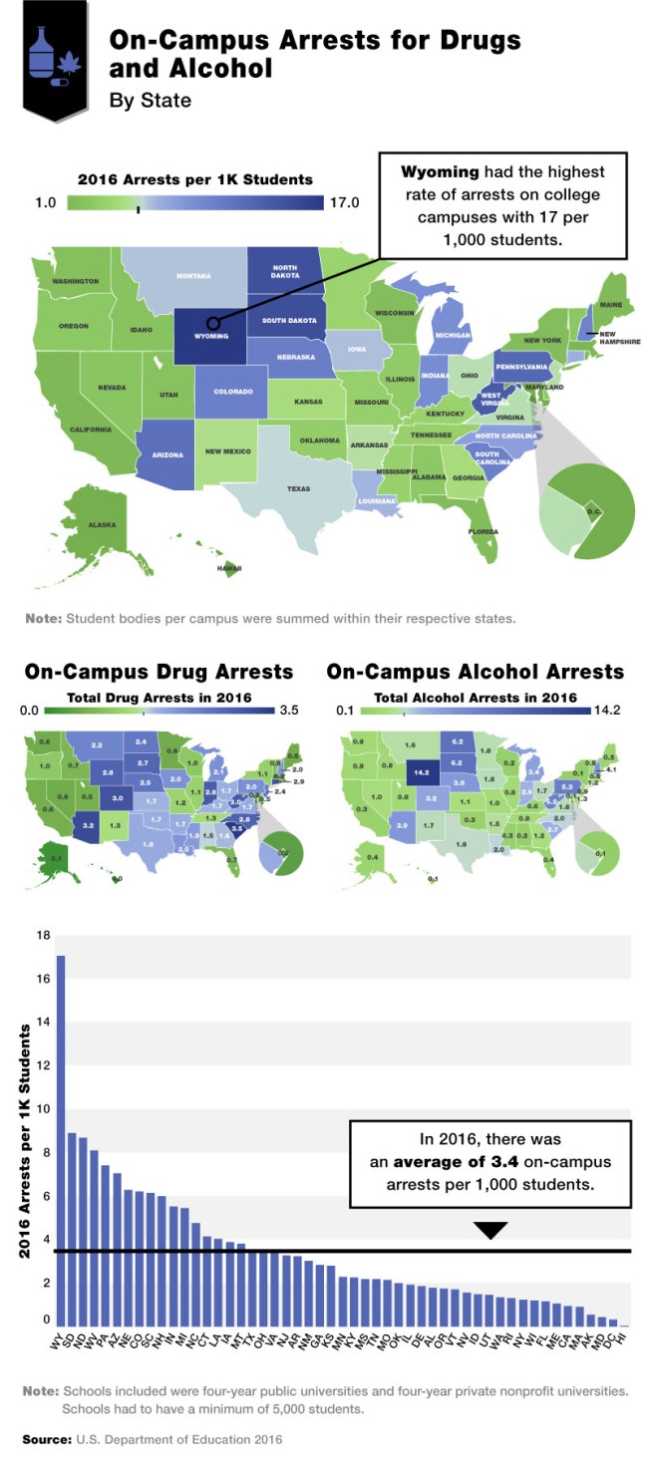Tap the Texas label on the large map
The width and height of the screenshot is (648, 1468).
coord(298,489)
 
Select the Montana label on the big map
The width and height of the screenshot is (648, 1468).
coord(193,276)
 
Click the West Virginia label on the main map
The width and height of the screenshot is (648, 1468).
coord(491,400)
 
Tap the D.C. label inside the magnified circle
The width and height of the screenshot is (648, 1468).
coord(591,512)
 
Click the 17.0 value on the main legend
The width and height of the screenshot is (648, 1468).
coord(345,203)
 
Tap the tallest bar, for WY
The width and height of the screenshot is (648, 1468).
coord(60,1136)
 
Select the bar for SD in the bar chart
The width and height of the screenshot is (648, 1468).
coord(72,1226)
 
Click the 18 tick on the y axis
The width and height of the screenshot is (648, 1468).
coord(43,935)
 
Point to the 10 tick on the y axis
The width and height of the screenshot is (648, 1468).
coord(43,1109)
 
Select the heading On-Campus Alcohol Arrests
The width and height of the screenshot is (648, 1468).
coord(475,672)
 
